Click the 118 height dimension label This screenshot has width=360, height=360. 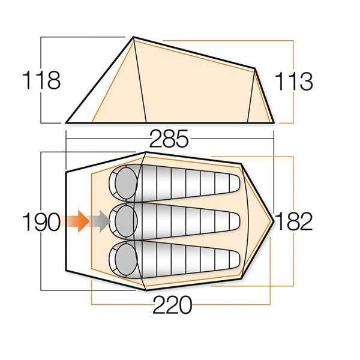pyautogui.click(x=41, y=80)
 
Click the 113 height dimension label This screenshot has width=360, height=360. pyautogui.click(x=294, y=81)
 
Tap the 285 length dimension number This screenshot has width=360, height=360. pyautogui.click(x=169, y=140)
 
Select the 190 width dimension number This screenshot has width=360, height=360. pyautogui.click(x=41, y=222)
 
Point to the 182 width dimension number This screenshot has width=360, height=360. pyautogui.click(x=294, y=221)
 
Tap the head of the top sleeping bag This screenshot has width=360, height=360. pyautogui.click(x=123, y=182)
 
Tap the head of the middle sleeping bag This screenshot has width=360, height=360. pyautogui.click(x=123, y=220)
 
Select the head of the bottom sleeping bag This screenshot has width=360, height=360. pyautogui.click(x=123, y=257)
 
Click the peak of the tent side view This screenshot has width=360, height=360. pyautogui.click(x=133, y=38)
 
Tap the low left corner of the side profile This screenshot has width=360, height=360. pyautogui.click(x=66, y=122)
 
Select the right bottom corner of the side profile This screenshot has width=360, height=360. pyautogui.click(x=274, y=122)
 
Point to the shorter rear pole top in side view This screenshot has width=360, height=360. pyautogui.click(x=256, y=70)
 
